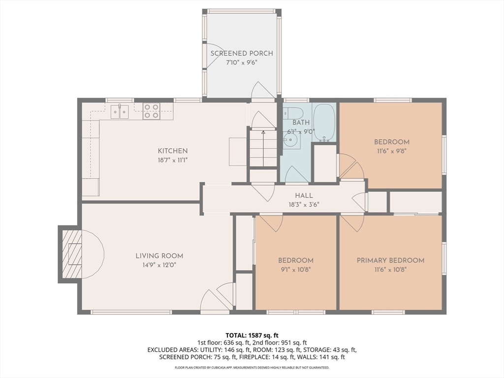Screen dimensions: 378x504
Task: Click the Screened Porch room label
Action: pos(242,53)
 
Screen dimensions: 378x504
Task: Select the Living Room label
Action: pos(159,256)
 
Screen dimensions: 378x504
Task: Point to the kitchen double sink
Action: pos(119,112)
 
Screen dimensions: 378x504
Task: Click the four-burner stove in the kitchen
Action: pos(151,111)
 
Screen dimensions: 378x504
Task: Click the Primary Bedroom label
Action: pos(390,260)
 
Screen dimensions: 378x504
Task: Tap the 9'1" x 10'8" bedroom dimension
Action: pos(295,269)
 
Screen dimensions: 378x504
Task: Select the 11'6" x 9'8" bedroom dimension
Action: pos(391,151)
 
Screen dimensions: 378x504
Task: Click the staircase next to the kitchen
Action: pos(263,148)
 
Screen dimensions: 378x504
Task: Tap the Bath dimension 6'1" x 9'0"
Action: pos(301,131)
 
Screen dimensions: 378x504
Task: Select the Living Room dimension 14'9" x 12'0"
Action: pos(159,265)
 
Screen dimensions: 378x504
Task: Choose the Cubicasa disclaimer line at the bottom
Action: pos(252,368)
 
